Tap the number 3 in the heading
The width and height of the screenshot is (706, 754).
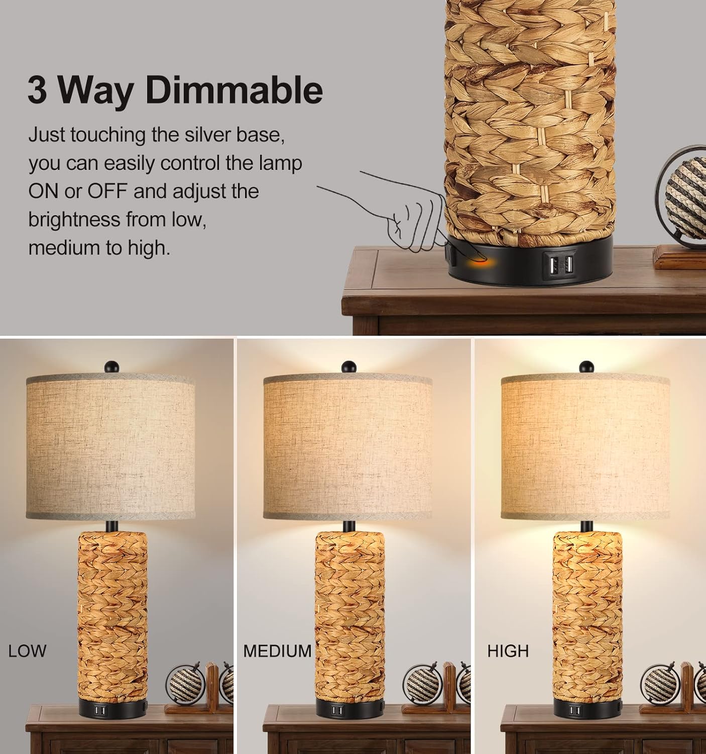point(38,89)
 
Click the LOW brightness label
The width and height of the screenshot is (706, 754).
point(27,651)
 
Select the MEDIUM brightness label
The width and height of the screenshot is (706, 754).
point(277,651)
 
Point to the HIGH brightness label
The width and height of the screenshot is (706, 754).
point(508,651)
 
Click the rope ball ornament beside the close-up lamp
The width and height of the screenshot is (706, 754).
point(686,197)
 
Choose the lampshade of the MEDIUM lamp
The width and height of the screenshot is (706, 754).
point(347,447)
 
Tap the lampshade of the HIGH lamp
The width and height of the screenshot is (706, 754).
point(585,447)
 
